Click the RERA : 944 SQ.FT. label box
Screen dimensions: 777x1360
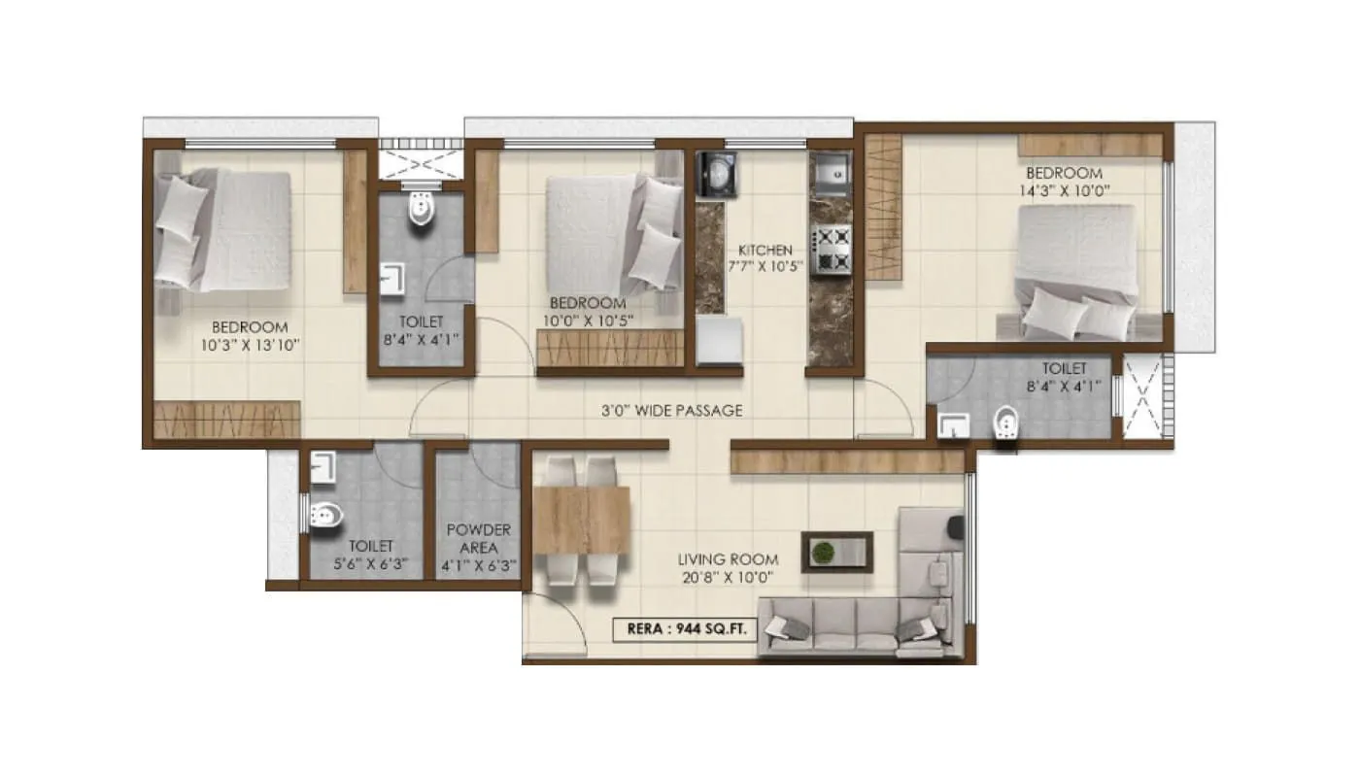684,628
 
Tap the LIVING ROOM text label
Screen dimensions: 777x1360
728,559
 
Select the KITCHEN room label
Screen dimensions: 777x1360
765,250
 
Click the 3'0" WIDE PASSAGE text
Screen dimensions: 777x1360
671,411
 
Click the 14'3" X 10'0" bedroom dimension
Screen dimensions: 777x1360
1064,190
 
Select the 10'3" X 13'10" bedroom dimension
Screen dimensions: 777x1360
250,345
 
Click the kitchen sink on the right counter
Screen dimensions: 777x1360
832,175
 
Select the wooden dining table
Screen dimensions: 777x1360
581,519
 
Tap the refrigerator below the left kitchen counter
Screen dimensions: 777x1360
720,342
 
